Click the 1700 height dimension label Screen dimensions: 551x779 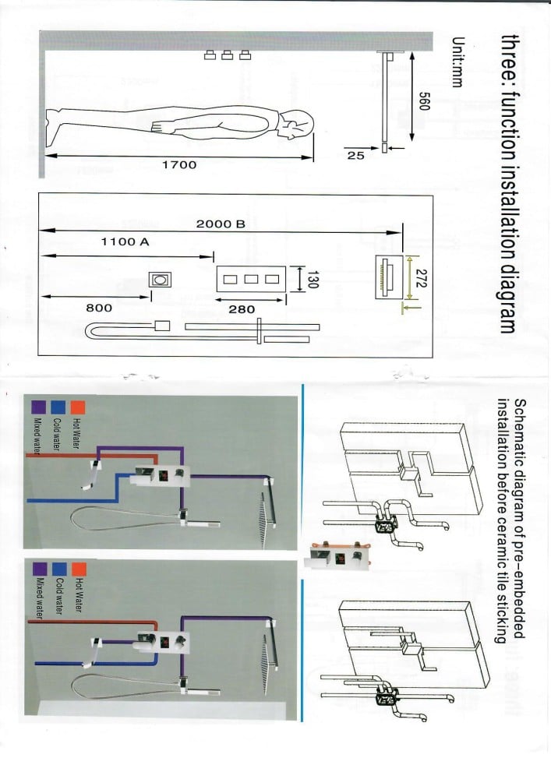[179, 164]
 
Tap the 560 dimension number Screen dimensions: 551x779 [424, 102]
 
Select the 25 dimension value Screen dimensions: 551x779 [355, 156]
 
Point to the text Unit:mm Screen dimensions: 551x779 [457, 62]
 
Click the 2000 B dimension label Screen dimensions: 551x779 [221, 224]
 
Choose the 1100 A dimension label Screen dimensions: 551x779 [125, 242]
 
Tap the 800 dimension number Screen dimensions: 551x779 [99, 308]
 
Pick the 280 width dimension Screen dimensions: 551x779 [242, 309]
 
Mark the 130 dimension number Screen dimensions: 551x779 [313, 279]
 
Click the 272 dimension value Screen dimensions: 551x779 [422, 278]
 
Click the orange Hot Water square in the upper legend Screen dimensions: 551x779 [77, 407]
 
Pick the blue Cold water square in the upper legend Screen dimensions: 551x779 [58, 407]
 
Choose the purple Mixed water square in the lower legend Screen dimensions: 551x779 [39, 569]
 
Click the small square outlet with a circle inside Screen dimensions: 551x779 [160, 280]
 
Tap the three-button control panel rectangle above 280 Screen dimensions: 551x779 [251, 279]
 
